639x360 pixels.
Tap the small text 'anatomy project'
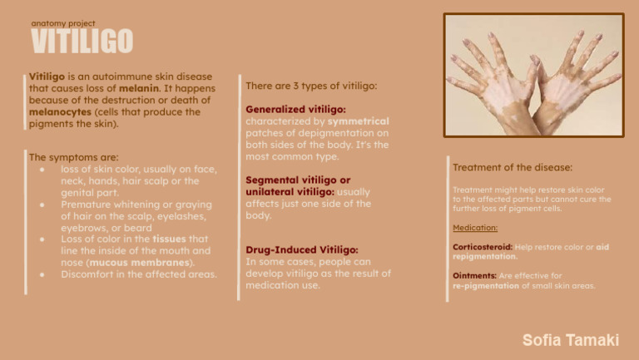[62, 23]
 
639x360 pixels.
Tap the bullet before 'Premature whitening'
[42, 204]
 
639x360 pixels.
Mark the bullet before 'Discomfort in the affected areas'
[42, 274]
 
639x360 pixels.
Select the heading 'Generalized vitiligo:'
[296, 109]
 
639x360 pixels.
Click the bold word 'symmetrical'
[358, 121]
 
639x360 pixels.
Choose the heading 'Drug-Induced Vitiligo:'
[302, 249]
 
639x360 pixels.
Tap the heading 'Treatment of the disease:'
[512, 167]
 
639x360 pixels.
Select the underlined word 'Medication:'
[475, 227]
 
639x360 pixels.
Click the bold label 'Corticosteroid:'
[483, 247]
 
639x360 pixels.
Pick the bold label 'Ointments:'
[474, 275]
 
